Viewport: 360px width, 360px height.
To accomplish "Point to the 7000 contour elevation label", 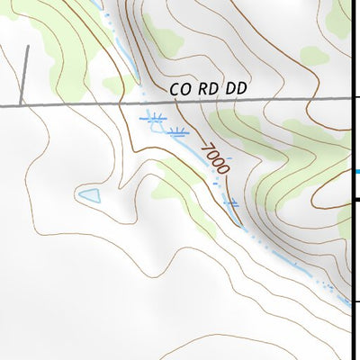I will [x=216, y=157].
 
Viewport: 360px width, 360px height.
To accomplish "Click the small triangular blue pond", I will [x=88, y=194].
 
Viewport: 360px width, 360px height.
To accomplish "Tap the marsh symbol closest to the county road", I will [x=156, y=116].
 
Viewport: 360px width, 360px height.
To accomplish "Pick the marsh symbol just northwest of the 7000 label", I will [x=176, y=132].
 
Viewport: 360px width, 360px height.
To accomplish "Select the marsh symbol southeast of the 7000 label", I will [x=232, y=204].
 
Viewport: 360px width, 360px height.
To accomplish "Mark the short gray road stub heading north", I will [x=24, y=76].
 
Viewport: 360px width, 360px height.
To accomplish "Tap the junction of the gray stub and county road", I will [x=23, y=104].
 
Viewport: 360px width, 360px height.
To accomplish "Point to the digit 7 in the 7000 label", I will [x=206, y=145].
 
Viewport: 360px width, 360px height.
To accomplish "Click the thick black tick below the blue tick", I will [x=355, y=200].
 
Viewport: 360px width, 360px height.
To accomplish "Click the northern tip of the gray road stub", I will [x=26, y=47].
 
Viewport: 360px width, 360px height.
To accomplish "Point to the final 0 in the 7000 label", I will [x=225, y=169].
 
